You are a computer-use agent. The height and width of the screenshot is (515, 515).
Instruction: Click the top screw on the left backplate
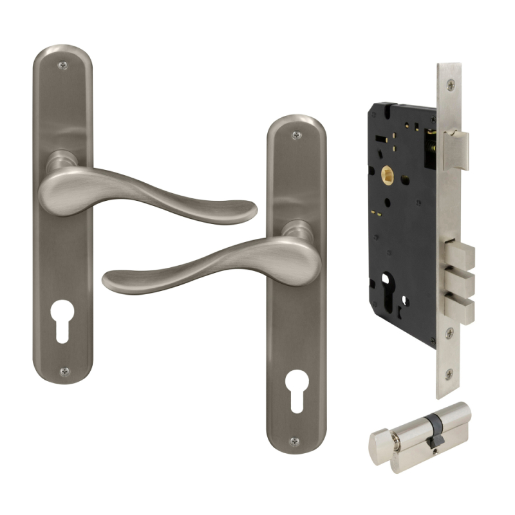click(62, 66)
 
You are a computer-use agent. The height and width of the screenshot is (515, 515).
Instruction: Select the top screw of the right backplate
click(295, 135)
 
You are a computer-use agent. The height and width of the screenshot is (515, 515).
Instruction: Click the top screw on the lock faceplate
click(451, 82)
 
